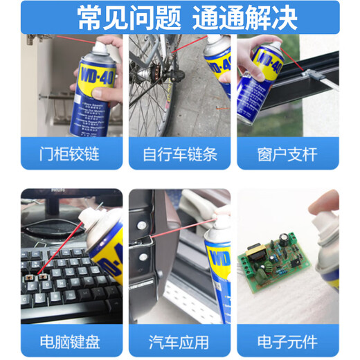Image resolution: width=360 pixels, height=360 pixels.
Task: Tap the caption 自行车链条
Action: coord(180,153)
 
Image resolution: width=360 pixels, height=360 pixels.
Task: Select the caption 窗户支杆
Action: coord(289,153)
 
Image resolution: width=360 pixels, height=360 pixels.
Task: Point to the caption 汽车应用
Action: coord(180,342)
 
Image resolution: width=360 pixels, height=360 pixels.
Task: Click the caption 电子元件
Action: coord(289,342)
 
